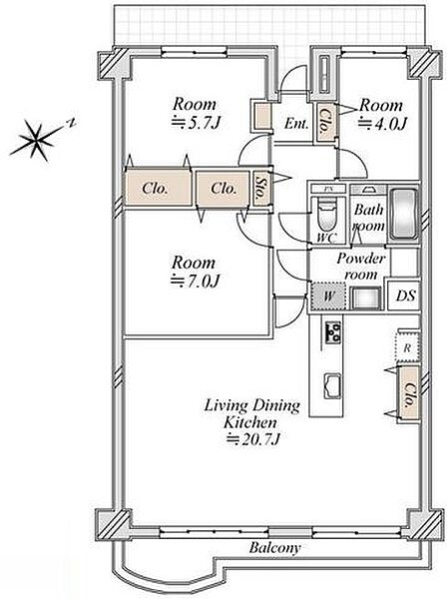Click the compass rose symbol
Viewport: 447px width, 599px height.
37,140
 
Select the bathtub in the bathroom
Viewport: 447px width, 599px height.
404,214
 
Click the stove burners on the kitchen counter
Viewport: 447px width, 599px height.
333,332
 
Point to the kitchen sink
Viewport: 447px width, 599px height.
332,385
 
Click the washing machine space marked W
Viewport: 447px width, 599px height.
328,296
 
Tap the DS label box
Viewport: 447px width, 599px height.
404,296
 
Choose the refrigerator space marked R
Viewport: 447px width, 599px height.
408,348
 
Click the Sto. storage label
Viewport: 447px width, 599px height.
261,189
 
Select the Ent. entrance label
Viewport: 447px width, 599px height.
296,124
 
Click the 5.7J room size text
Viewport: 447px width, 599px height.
197,123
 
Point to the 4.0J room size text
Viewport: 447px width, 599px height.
383,124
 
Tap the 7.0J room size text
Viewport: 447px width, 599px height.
195,282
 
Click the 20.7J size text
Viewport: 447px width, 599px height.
253,439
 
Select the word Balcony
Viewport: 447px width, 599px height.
274,548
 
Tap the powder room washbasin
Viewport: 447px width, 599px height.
366,298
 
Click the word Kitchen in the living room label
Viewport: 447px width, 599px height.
250,422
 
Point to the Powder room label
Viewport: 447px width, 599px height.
361,267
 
